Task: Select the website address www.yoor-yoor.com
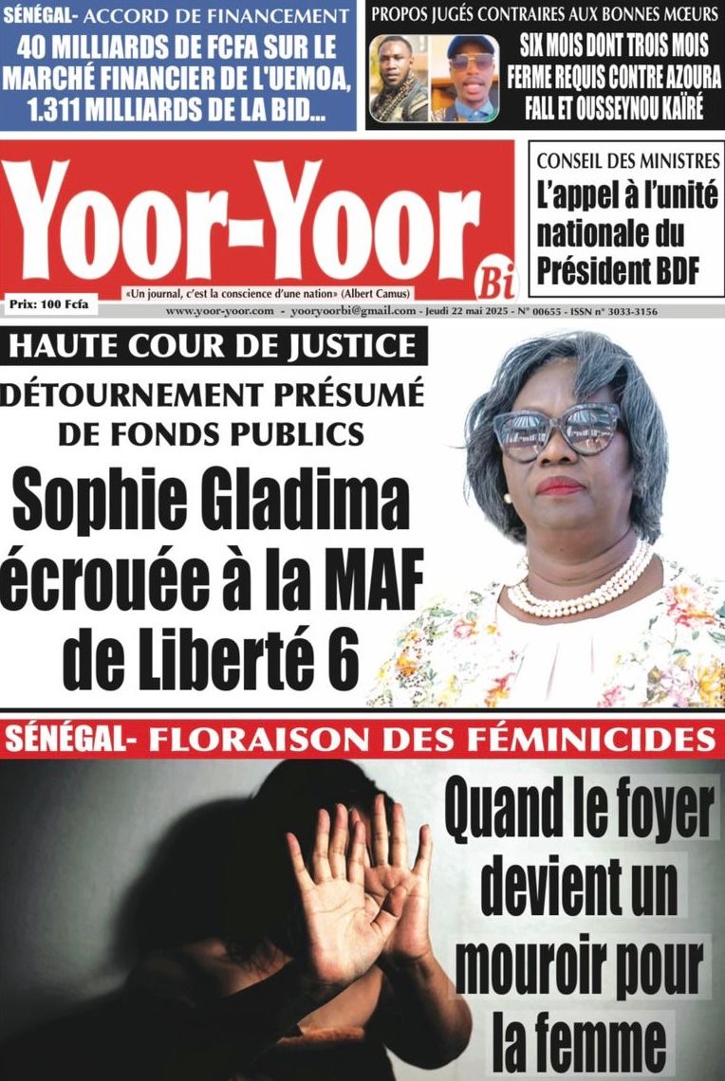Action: [219, 311]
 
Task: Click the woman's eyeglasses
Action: [555, 429]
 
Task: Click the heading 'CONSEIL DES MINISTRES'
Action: [627, 162]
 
